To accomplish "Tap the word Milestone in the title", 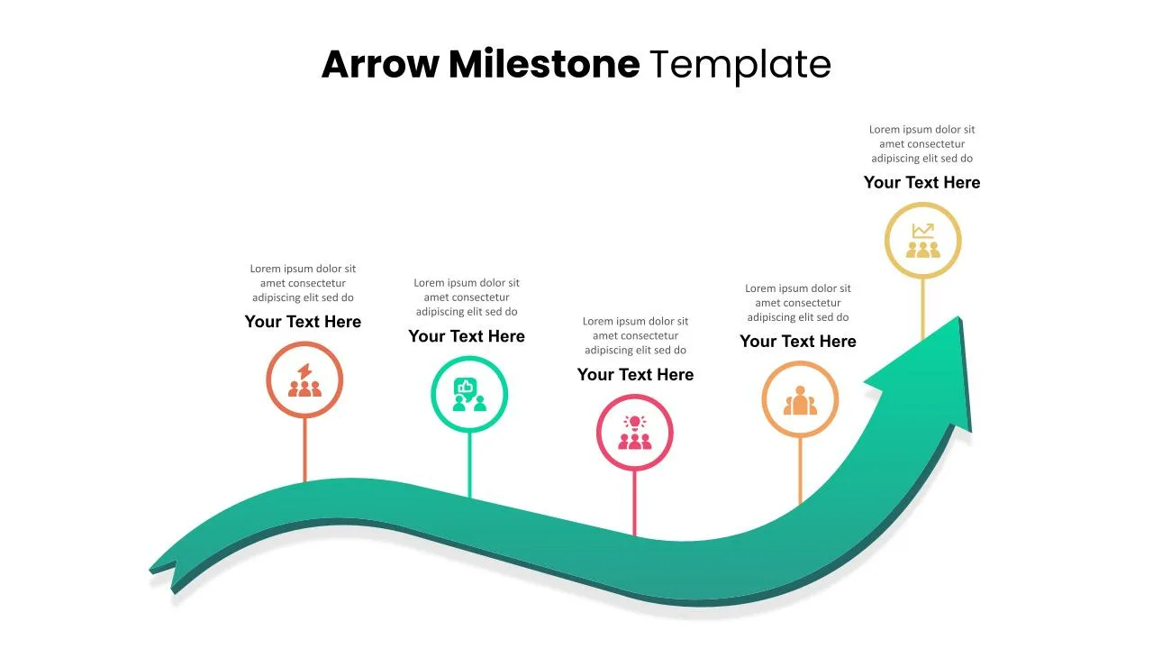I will click(543, 64).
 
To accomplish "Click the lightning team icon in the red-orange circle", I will click(304, 380).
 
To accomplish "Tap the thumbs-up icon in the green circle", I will click(468, 395).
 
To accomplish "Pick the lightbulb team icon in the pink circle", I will click(635, 433).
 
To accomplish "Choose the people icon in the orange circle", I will click(800, 400).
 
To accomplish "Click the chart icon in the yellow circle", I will click(922, 241).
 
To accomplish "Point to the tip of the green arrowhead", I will click(959, 319).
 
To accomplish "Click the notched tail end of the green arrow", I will click(162, 572).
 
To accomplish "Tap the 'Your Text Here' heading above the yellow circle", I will click(921, 182).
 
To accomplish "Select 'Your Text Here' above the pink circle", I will click(635, 374).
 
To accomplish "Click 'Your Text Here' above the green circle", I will click(466, 336).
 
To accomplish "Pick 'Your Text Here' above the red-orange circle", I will click(303, 322).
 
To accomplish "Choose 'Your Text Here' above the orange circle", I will click(797, 341).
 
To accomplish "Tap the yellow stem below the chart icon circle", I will click(922, 306).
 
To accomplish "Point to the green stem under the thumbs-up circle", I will click(469, 464).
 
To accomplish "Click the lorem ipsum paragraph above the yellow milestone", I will click(921, 143).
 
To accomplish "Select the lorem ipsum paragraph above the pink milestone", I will click(635, 335).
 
